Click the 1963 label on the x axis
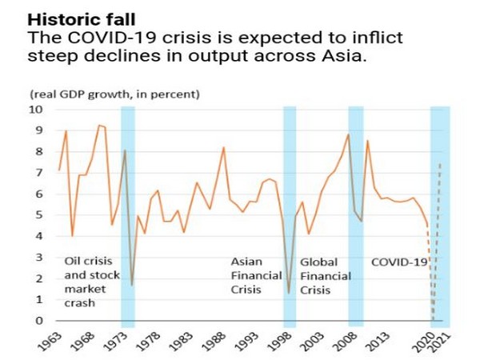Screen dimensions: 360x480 48,340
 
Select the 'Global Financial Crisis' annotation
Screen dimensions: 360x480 320,276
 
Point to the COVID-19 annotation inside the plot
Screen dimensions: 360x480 399,262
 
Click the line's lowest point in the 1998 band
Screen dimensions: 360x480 289,293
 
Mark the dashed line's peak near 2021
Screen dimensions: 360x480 440,162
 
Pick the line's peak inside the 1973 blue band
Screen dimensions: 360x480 125,150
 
